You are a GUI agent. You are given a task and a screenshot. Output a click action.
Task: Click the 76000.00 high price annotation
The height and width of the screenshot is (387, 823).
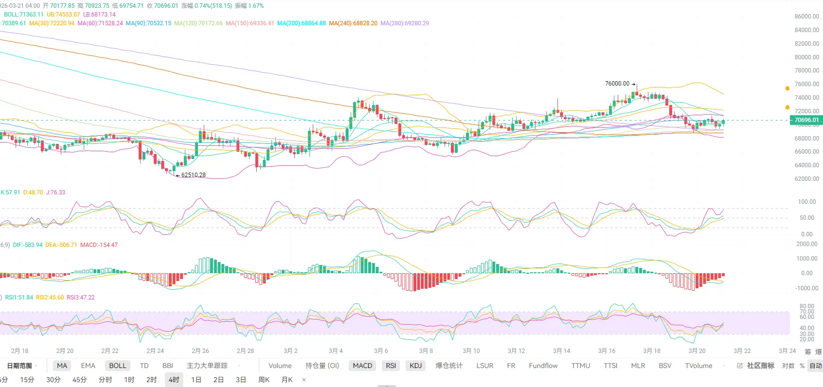(x=617, y=84)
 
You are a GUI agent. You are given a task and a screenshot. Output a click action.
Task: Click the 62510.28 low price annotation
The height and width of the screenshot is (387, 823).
(x=193, y=175)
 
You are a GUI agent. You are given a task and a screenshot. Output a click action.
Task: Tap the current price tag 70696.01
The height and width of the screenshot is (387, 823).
(x=806, y=120)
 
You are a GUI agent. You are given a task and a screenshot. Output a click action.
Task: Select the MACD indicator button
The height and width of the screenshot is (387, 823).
(x=362, y=366)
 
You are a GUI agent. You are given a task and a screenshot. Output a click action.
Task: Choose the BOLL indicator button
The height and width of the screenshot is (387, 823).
(x=118, y=366)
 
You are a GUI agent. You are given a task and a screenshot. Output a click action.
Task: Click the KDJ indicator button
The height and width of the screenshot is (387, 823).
(x=416, y=366)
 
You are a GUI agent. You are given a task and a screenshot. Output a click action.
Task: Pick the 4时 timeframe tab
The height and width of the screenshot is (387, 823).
(x=174, y=380)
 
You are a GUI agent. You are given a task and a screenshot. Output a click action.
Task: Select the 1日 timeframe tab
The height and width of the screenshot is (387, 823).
(x=196, y=380)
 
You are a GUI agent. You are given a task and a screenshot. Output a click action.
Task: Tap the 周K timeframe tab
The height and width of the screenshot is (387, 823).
(x=264, y=380)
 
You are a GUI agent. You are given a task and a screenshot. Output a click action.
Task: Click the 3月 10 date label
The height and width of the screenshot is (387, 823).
(x=471, y=351)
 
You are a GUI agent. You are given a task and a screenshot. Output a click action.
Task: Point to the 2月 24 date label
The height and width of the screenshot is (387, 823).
(x=155, y=351)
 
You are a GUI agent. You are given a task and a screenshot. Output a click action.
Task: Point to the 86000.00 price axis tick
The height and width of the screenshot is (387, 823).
(x=806, y=17)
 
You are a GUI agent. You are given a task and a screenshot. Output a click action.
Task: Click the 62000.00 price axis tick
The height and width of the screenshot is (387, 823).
(x=806, y=179)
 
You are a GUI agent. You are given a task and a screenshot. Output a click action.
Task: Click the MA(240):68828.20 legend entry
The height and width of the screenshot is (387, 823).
(x=353, y=23)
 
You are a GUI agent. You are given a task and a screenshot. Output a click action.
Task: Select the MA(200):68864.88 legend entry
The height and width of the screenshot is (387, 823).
(x=302, y=23)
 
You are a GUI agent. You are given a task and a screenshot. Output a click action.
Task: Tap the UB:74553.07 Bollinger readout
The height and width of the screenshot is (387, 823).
(x=63, y=15)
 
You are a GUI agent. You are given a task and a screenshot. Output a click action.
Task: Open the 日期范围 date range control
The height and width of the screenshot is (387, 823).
(x=20, y=366)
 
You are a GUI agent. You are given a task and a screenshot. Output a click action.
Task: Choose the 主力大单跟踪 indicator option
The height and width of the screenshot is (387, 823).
(x=207, y=366)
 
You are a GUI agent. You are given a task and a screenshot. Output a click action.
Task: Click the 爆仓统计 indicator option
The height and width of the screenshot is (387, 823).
(x=449, y=366)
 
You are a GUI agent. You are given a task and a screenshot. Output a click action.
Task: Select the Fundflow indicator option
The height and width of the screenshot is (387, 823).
(x=543, y=366)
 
